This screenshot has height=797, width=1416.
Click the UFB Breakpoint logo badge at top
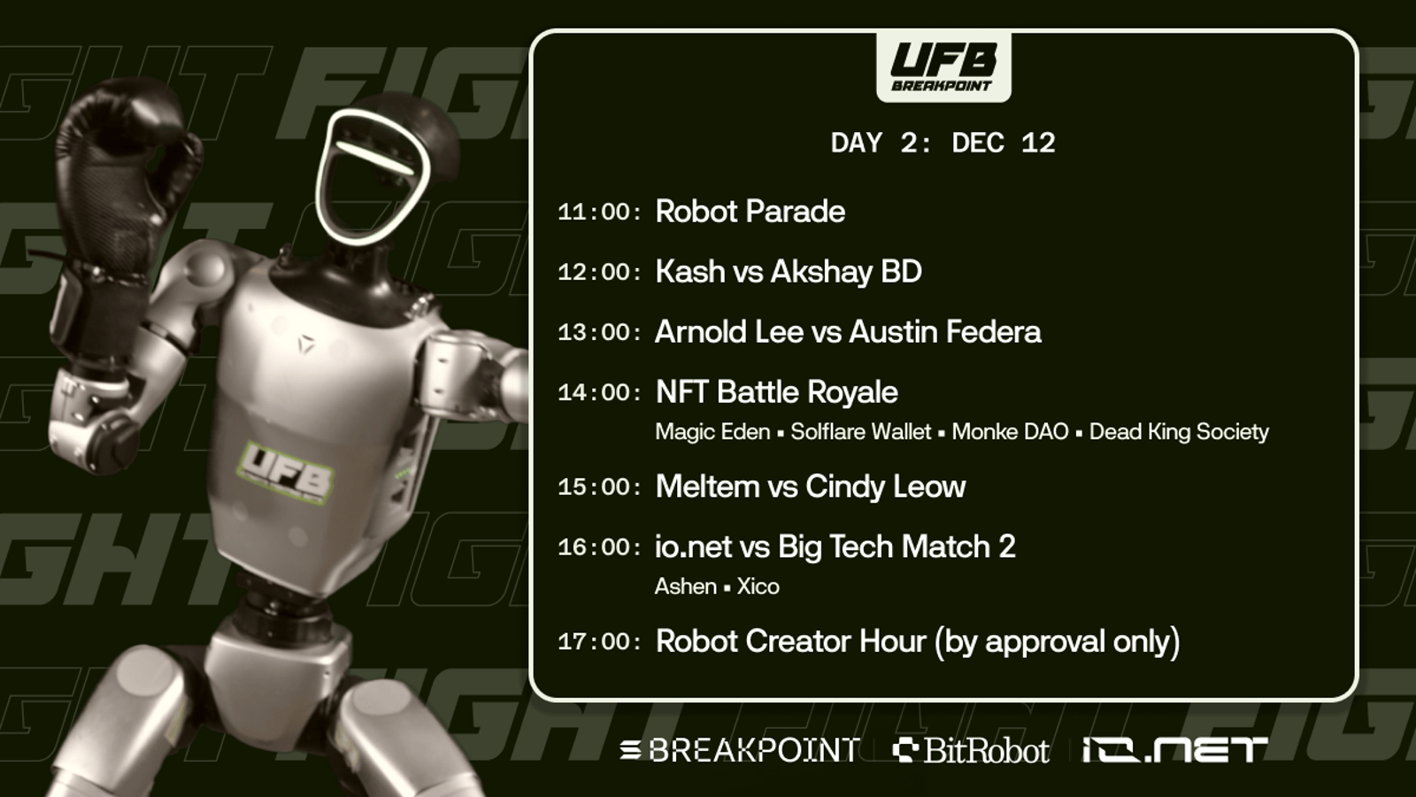[943, 66]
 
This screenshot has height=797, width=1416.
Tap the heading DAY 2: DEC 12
[943, 143]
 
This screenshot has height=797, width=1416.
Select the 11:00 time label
[599, 212]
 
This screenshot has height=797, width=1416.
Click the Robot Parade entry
[750, 212]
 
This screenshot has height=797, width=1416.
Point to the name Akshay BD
[846, 272]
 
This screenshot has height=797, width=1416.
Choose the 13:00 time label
[599, 332]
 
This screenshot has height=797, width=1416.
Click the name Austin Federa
[944, 331]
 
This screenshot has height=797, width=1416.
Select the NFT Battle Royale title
[776, 392]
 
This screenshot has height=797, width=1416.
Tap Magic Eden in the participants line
[712, 432]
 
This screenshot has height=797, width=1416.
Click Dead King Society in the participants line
[1179, 432]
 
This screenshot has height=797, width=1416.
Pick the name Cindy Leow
[885, 487]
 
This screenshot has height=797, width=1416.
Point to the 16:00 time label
[599, 547]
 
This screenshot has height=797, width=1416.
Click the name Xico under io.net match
[758, 586]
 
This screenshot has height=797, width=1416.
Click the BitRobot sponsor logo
[971, 751]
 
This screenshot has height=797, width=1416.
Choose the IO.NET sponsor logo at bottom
[1175, 750]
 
